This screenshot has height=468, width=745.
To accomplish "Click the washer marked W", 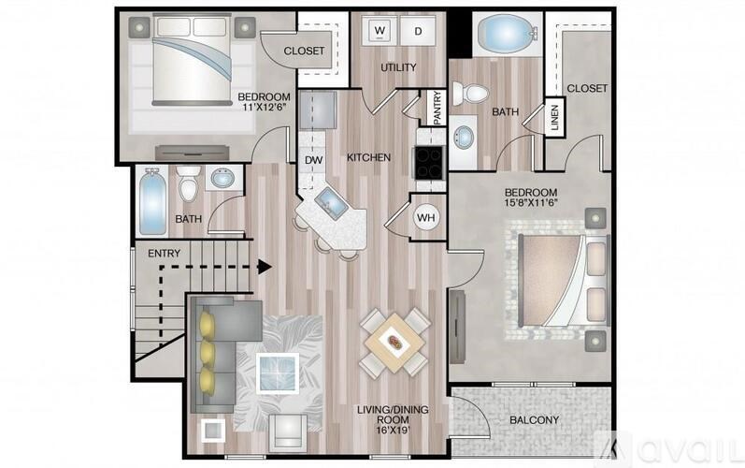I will click(380, 31).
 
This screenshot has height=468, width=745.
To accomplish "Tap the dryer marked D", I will click(418, 31).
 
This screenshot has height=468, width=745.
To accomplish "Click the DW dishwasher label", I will click(312, 159).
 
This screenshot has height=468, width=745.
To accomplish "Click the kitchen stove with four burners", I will click(428, 163).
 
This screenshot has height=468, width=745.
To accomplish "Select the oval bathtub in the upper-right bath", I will click(508, 36).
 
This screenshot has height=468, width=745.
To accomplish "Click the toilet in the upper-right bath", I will click(470, 94).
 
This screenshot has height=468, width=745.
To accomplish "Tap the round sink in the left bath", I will click(222, 178).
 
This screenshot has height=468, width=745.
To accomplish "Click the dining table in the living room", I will click(394, 344).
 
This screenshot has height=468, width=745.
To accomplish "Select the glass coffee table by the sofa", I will click(278, 373).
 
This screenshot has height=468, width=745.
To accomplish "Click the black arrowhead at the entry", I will click(265, 266).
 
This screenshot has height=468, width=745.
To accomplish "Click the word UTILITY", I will click(397, 67).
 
